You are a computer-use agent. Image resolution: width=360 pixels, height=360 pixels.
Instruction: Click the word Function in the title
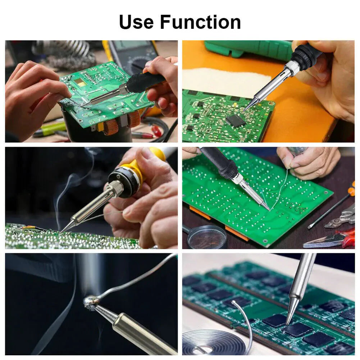[201, 22]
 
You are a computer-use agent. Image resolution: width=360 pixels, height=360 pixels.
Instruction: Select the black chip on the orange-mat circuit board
[236, 120]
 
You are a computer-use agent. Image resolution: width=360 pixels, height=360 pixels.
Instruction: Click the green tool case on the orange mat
[248, 49]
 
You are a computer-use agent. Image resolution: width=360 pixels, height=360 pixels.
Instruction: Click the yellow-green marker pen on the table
[49, 129]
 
